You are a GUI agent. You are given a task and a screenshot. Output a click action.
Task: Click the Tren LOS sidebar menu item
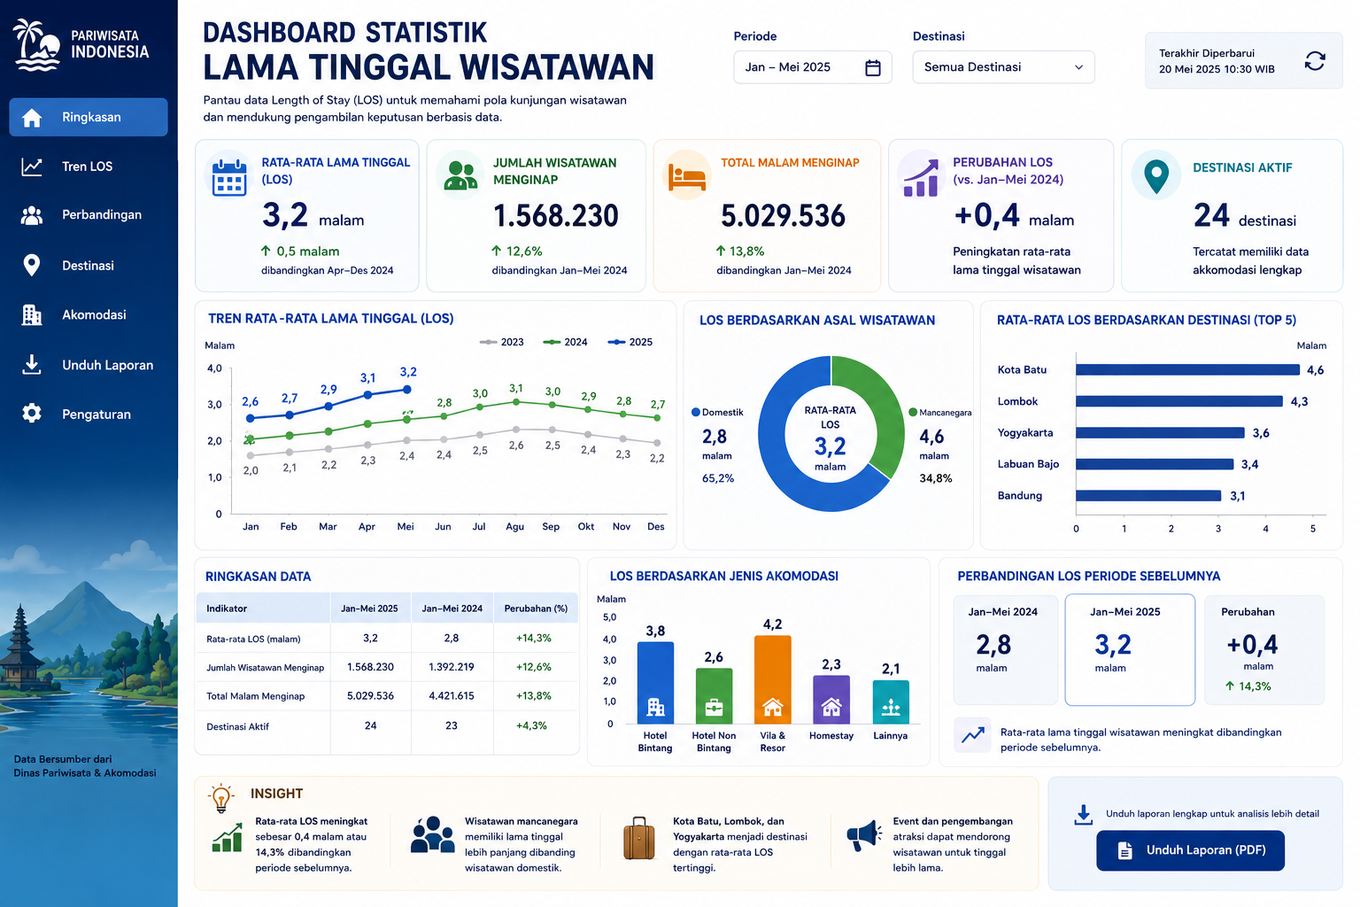[x=88, y=167]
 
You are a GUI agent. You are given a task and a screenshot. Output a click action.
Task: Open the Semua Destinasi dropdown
[x=1003, y=66]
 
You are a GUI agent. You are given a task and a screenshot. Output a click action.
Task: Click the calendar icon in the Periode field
[x=872, y=67]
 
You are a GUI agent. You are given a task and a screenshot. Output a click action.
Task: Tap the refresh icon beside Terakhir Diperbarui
[x=1315, y=61]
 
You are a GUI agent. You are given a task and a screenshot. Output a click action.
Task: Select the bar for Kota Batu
[x=1187, y=369]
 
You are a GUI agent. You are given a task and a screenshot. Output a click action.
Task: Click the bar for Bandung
[x=1148, y=496]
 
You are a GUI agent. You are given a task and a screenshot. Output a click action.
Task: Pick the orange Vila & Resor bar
[x=772, y=679]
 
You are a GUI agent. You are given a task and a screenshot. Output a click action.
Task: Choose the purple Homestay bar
[x=831, y=699]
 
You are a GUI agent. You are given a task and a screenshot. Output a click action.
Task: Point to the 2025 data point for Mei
[x=407, y=390]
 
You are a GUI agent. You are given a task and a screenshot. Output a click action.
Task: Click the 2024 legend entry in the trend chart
[x=565, y=342]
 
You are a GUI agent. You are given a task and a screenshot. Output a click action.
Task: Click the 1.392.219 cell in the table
[x=451, y=667]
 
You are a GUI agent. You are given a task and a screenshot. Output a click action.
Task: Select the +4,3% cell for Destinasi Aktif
[x=531, y=726]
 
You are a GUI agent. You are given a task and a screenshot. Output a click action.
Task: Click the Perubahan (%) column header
[x=536, y=609]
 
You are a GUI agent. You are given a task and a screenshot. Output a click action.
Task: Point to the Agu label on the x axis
[x=514, y=527]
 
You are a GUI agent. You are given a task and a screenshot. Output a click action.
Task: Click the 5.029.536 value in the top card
[x=783, y=215]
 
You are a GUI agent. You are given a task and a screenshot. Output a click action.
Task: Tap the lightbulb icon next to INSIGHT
[x=221, y=798]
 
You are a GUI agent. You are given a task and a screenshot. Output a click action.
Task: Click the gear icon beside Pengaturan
[x=32, y=413]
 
